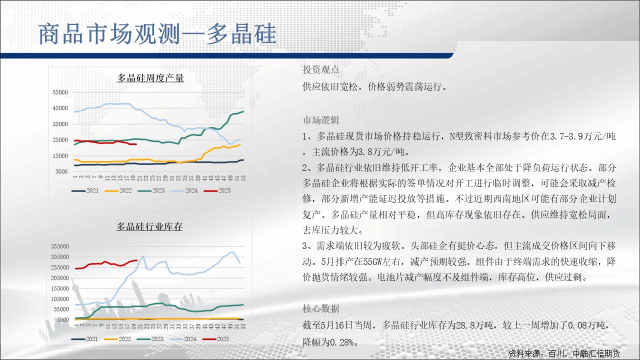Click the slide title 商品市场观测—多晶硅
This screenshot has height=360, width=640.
157,34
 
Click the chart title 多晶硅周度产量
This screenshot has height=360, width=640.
150,78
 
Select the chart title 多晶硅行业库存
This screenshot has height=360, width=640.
149,227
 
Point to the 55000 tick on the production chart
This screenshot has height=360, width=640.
60,92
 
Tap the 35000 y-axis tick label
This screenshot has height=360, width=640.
60,124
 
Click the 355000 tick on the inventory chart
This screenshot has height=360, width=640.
60,246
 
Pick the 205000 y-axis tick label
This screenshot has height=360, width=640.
60,277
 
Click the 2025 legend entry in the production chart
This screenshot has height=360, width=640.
217,190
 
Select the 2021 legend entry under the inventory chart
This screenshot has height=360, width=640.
84,339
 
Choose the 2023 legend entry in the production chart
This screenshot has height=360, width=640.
151,190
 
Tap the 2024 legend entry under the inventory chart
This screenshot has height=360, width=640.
183,339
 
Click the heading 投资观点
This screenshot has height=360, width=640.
321,69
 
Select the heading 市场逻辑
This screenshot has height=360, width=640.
321,120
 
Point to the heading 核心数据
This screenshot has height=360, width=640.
321,308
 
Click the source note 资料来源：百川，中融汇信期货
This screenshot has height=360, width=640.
564,353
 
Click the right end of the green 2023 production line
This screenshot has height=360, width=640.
243,111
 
